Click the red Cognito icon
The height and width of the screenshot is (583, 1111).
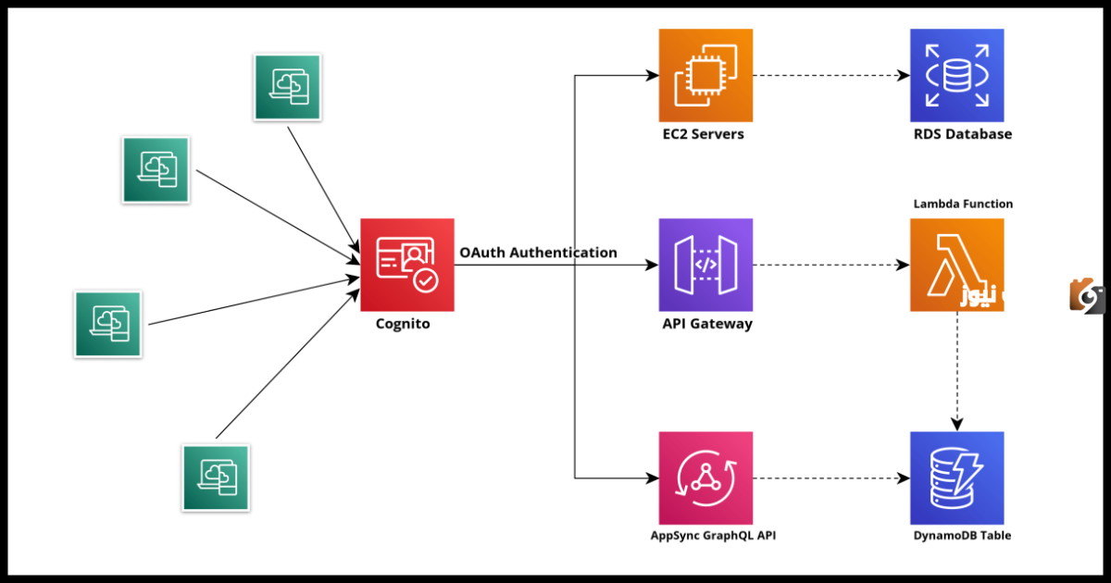coord(407,266)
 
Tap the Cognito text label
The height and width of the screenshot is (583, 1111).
coord(403,324)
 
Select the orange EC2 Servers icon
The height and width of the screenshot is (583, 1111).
coord(705,75)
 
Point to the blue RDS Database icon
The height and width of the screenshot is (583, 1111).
coord(956,75)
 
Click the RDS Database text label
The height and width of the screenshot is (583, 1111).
coord(962,134)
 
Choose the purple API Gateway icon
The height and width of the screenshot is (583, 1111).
coord(705,265)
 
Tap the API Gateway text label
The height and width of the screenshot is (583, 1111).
coord(707,324)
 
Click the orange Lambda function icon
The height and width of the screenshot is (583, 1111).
coord(956,265)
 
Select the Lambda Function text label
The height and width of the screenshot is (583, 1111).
coord(963,204)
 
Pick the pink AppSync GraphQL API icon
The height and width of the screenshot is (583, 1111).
coord(705,478)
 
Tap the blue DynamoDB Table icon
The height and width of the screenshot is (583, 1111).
coord(956,478)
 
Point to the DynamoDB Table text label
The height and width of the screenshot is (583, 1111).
coord(962,536)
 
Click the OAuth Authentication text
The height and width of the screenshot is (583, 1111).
coord(538,253)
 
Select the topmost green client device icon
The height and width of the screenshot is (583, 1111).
coord(287,87)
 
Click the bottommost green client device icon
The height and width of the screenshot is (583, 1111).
coord(216,478)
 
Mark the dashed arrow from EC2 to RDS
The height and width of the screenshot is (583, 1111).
coord(830,75)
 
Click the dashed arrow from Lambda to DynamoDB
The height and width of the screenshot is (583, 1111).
coord(956,370)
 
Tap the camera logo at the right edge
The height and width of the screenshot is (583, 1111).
coord(1087,296)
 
